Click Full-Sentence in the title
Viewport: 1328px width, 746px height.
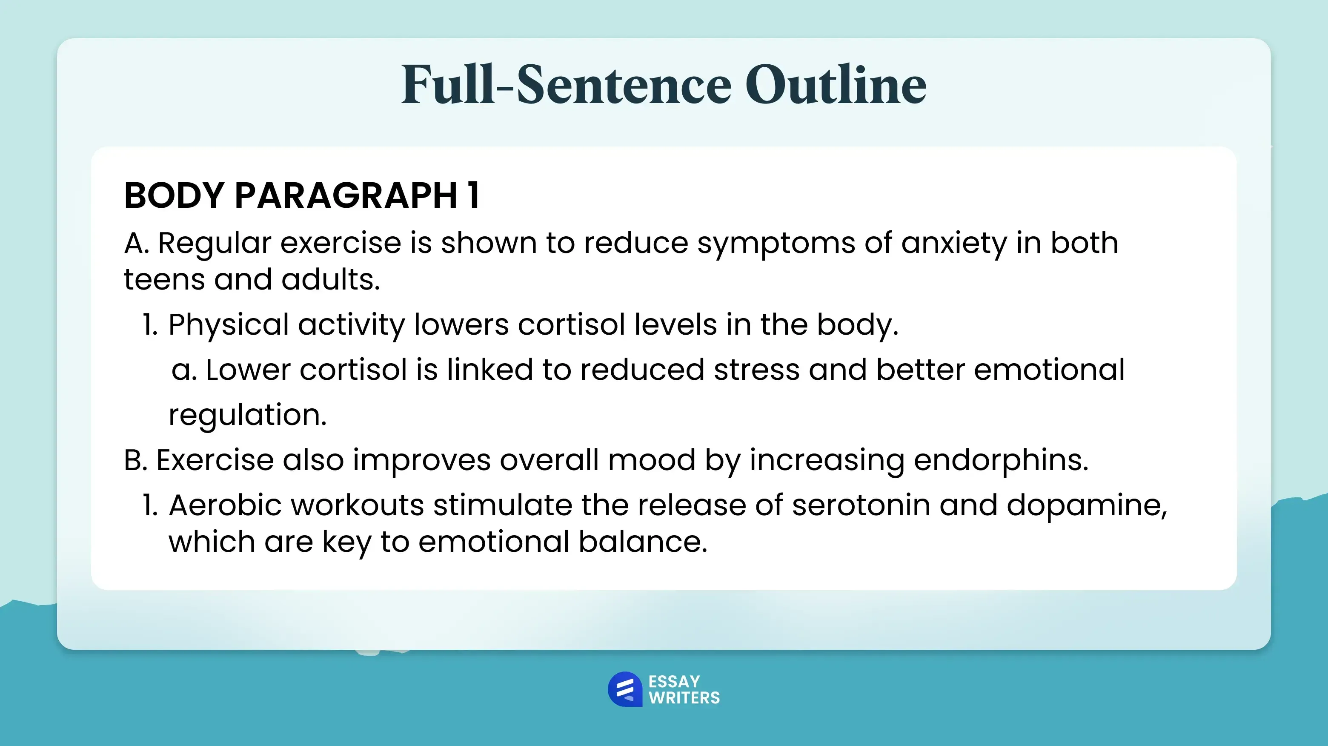[566, 85]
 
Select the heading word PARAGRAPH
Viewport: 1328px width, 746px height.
[345, 196]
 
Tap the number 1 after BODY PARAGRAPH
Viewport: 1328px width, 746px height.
[473, 196]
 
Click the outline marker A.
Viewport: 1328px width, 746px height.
[135, 243]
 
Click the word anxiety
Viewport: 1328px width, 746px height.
[954, 243]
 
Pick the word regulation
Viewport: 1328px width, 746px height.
[247, 415]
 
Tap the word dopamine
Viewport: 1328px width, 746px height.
[1086, 506]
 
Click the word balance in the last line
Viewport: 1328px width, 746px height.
[642, 542]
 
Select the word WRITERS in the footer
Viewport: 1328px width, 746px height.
[684, 698]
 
